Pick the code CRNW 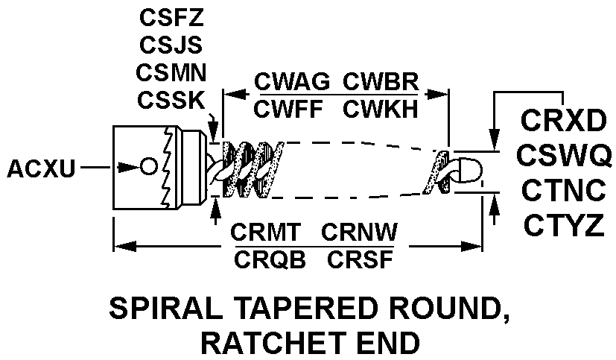[358, 233]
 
